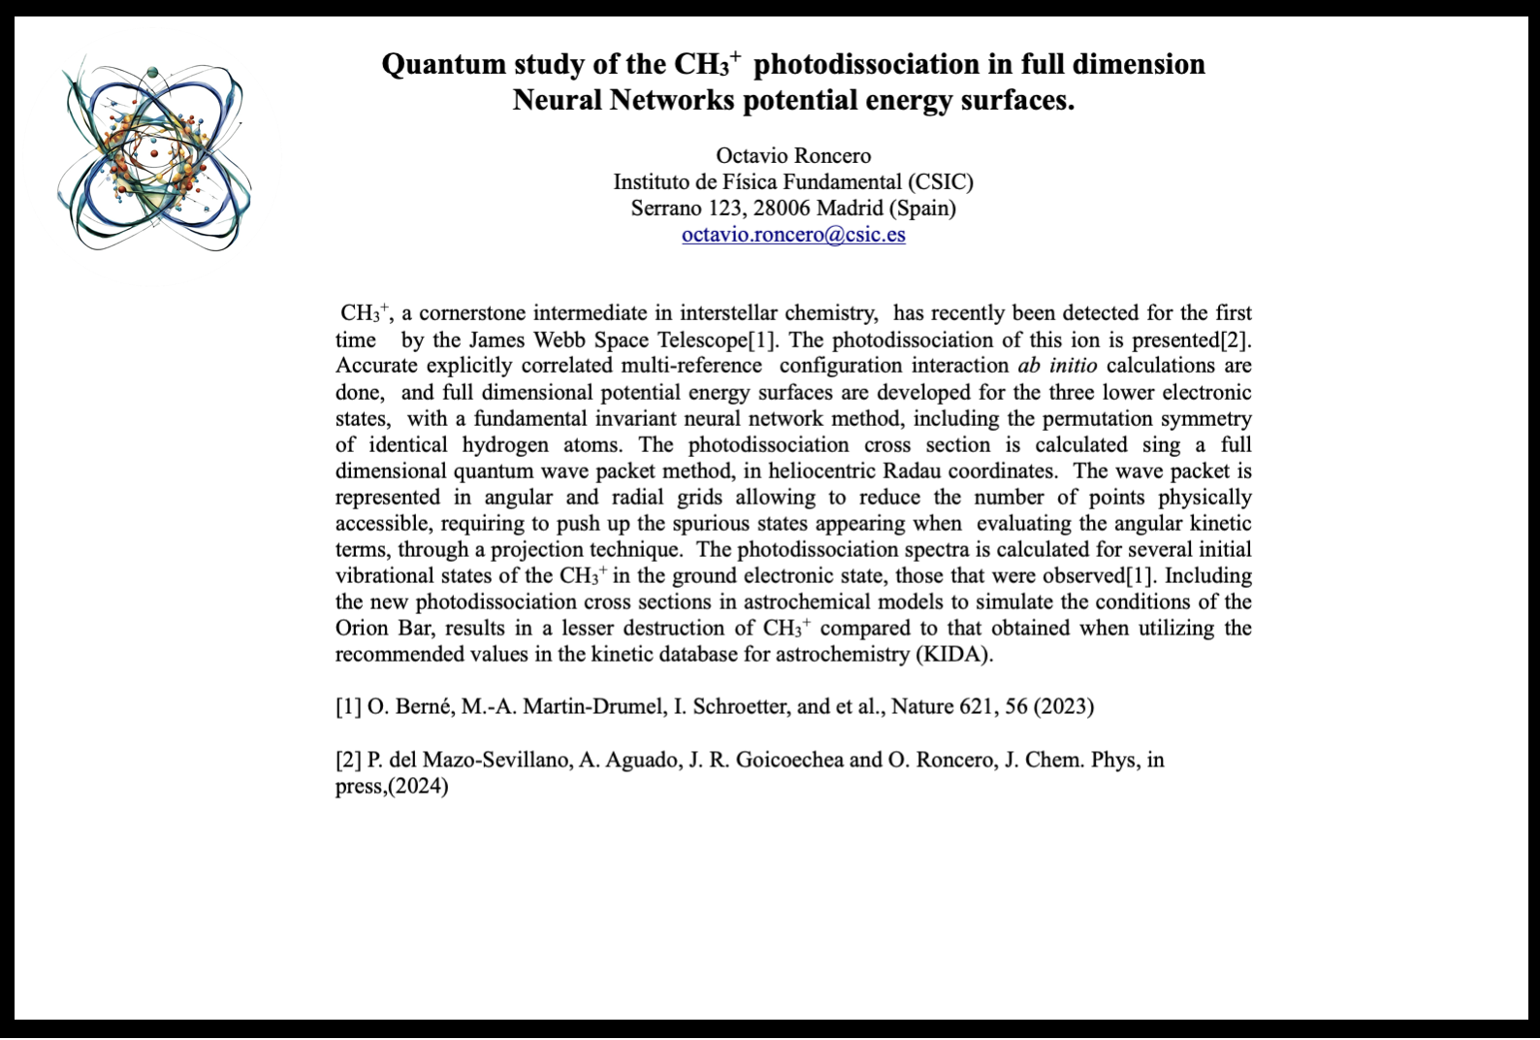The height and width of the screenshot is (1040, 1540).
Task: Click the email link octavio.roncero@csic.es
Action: [x=793, y=235]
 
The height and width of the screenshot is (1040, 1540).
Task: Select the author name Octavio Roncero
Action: [x=793, y=156]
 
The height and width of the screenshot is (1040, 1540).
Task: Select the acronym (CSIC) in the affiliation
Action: [x=940, y=182]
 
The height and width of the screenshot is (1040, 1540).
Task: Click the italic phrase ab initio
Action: [x=1057, y=366]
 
